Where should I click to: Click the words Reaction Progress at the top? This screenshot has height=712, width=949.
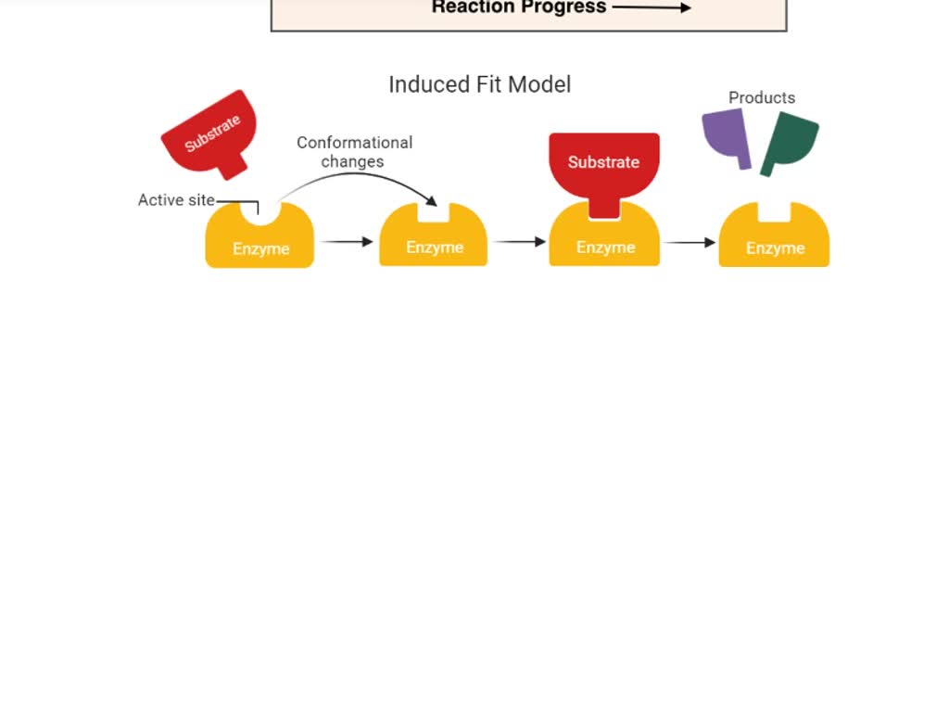518,7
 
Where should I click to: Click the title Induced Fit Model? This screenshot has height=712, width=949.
479,84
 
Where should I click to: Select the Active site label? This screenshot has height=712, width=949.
176,200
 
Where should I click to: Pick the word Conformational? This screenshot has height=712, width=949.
354,143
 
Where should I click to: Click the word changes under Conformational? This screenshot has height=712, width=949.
352,161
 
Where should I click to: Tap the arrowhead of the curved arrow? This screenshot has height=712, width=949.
431,201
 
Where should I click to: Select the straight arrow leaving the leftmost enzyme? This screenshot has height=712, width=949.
347,242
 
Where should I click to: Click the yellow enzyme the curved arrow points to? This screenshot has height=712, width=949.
434,243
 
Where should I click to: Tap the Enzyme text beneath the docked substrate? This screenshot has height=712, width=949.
605,248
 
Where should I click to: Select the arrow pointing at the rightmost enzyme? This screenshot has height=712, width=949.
690,243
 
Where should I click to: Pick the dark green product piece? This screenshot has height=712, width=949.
789,141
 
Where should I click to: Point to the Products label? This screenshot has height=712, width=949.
762,97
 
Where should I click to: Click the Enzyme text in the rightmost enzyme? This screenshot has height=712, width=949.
775,248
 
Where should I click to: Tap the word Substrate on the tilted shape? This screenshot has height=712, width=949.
212,133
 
